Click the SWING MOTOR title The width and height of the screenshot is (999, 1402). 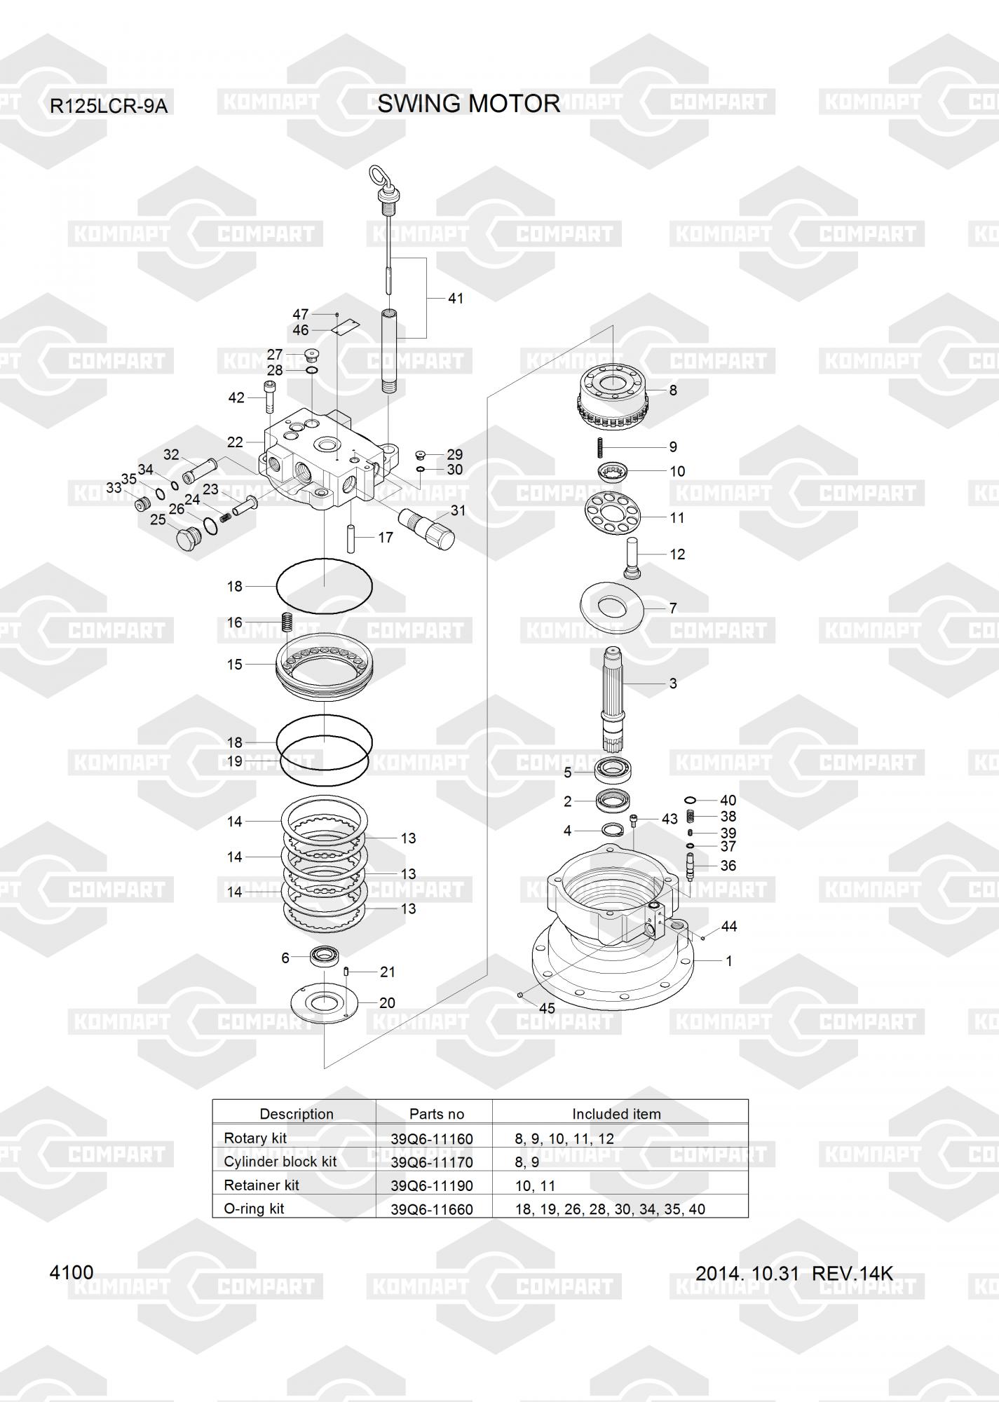469,104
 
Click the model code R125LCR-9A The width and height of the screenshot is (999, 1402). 109,107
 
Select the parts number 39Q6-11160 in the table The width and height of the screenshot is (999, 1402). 432,1138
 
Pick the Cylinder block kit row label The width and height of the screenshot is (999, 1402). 280,1162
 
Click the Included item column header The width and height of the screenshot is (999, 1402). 616,1114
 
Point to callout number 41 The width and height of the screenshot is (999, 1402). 456,298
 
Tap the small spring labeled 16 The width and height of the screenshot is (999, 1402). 286,622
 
